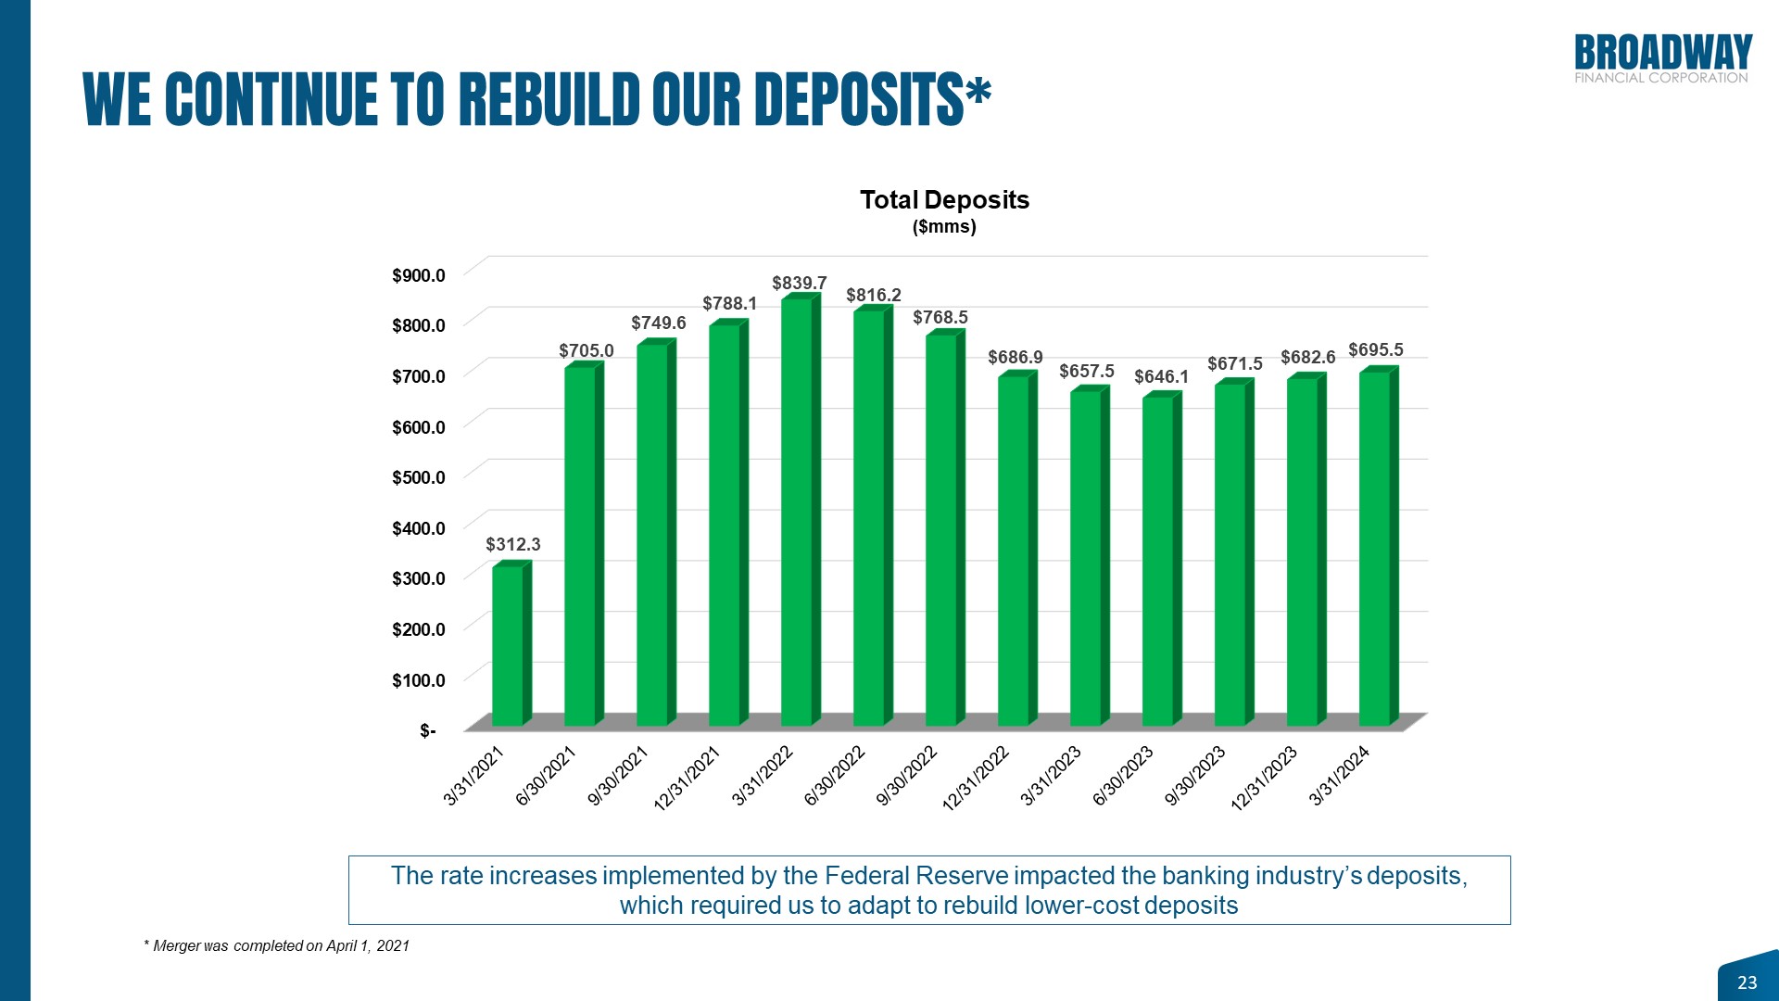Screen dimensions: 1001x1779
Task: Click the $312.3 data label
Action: tap(513, 545)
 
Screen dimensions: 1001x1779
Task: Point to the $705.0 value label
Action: tap(587, 350)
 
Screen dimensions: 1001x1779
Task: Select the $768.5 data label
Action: tap(940, 318)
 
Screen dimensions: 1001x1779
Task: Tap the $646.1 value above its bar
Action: tap(1161, 376)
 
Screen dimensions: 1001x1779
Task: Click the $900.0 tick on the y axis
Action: tap(419, 275)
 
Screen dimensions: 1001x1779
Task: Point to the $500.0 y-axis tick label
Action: tap(419, 477)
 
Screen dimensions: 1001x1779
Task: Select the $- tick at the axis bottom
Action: tap(427, 731)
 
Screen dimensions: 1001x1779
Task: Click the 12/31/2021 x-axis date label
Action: tap(688, 779)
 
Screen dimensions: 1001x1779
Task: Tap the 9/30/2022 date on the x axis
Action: tap(907, 776)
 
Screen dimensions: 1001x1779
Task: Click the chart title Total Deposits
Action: tap(944, 200)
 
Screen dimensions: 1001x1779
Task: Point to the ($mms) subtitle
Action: tap(944, 227)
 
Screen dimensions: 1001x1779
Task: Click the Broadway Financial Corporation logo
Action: tap(1662, 59)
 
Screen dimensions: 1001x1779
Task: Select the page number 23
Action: tap(1747, 982)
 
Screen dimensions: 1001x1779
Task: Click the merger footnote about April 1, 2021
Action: tap(277, 945)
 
